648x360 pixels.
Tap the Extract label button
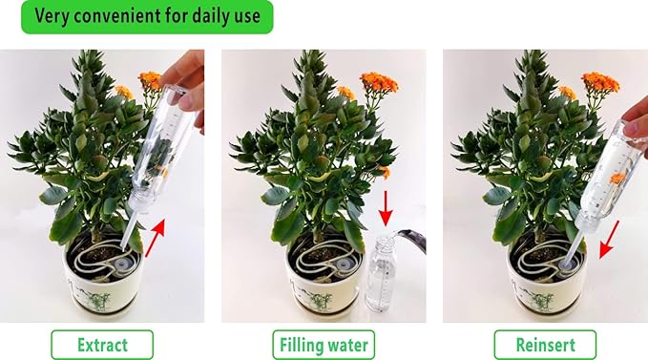101,344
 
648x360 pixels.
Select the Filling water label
324,344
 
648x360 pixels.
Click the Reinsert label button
545,344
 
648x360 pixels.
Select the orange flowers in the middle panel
378,83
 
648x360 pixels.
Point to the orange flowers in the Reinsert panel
600,82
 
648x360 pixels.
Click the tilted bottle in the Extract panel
157,143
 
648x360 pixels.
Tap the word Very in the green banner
59,16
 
